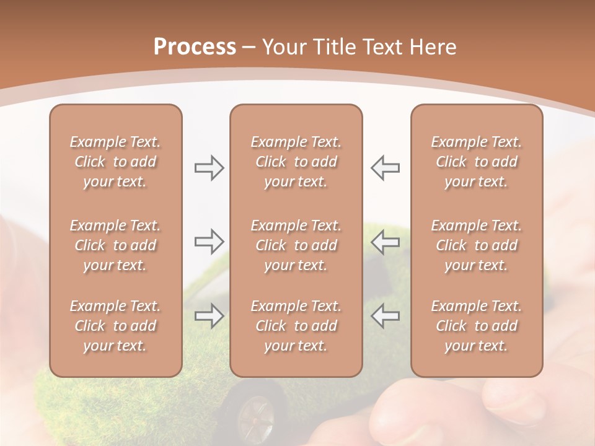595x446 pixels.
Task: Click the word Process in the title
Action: (x=195, y=47)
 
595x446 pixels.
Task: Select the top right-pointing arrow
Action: (x=209, y=168)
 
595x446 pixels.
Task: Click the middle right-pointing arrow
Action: (x=209, y=242)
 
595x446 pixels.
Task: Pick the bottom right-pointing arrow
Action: (x=209, y=316)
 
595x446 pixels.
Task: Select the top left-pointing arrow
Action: (x=385, y=168)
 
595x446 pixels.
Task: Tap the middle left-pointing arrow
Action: (x=385, y=242)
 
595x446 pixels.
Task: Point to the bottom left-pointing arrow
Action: (x=385, y=316)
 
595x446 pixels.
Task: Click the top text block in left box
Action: (x=115, y=162)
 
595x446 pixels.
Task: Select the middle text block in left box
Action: (x=115, y=245)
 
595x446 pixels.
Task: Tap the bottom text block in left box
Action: (x=115, y=326)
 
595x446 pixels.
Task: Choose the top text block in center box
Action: (x=296, y=162)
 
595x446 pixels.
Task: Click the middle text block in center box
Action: (x=296, y=245)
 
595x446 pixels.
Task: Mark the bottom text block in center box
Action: (x=296, y=326)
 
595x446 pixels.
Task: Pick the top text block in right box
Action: (x=477, y=162)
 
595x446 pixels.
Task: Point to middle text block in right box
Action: (x=477, y=245)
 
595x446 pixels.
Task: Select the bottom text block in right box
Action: (x=477, y=326)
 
